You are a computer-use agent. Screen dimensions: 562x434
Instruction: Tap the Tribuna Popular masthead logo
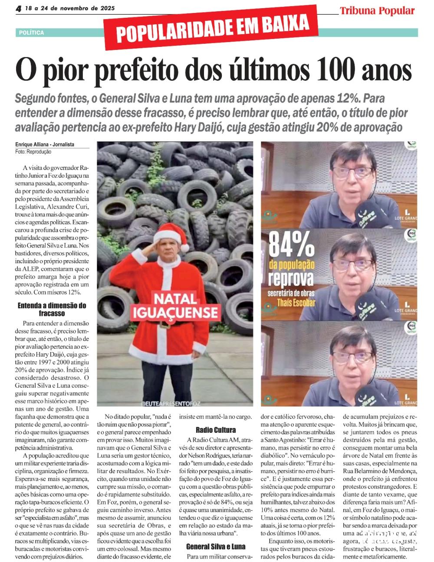pos(377,11)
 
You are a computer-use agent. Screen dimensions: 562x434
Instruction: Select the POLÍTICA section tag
pos(31,33)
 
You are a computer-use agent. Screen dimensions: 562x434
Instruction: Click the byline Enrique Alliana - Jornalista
pos(45,144)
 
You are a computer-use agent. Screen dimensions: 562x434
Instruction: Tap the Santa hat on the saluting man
pos(170,236)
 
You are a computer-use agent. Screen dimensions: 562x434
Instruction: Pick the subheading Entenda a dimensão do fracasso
pos(52,309)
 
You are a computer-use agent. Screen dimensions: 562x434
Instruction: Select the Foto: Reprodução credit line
pos(33,152)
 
